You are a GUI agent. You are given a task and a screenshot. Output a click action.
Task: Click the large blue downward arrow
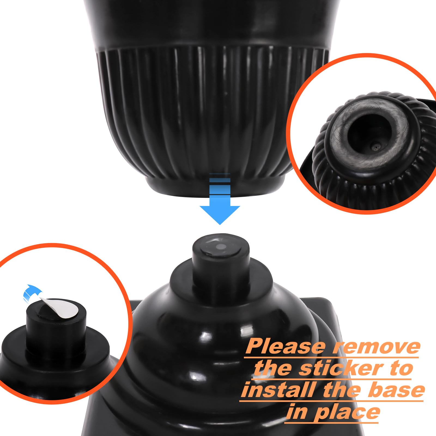point(220,202)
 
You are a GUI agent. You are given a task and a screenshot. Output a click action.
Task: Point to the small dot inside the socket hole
point(376,147)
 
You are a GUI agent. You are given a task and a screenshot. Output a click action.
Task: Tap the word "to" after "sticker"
point(400,369)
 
